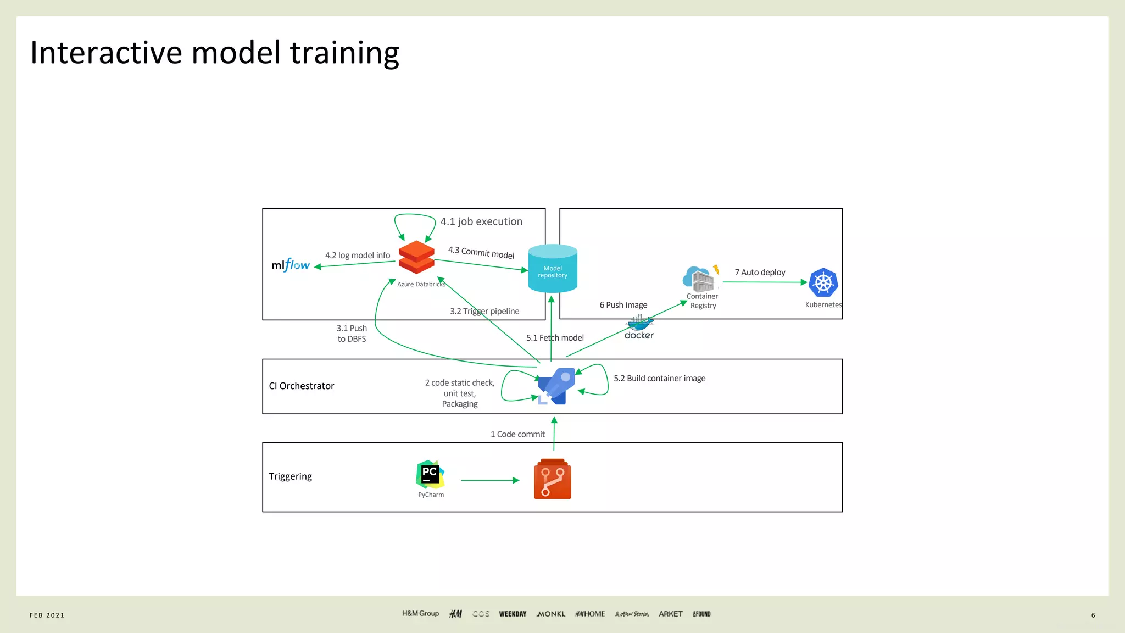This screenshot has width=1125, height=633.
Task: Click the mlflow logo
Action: click(x=291, y=265)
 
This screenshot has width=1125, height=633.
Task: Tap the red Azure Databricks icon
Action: click(x=416, y=257)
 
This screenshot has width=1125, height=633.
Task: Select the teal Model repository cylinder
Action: click(x=553, y=269)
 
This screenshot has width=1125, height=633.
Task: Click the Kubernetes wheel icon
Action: click(x=823, y=283)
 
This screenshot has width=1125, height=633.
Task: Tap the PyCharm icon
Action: click(x=430, y=474)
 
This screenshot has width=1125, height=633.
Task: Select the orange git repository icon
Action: click(x=552, y=479)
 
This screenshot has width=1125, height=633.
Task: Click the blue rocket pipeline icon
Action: click(x=556, y=386)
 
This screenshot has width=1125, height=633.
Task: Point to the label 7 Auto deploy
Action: click(x=760, y=273)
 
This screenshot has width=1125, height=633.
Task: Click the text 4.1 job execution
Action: click(x=481, y=221)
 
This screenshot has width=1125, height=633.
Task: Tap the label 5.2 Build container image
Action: click(x=659, y=379)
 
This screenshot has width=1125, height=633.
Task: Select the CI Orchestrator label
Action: click(x=301, y=386)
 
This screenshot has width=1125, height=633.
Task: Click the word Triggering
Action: click(x=290, y=476)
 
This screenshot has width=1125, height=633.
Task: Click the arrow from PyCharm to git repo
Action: click(x=489, y=480)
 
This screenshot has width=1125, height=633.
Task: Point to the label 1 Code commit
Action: click(x=517, y=435)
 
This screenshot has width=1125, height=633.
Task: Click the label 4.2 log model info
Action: click(x=357, y=256)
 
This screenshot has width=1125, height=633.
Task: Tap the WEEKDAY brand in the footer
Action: click(x=513, y=614)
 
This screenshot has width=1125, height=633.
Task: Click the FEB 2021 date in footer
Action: click(x=47, y=615)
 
